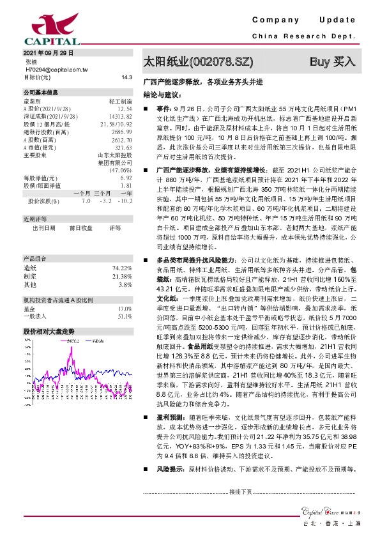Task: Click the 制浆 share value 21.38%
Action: click(122, 275)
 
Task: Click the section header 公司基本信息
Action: click(40, 92)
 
